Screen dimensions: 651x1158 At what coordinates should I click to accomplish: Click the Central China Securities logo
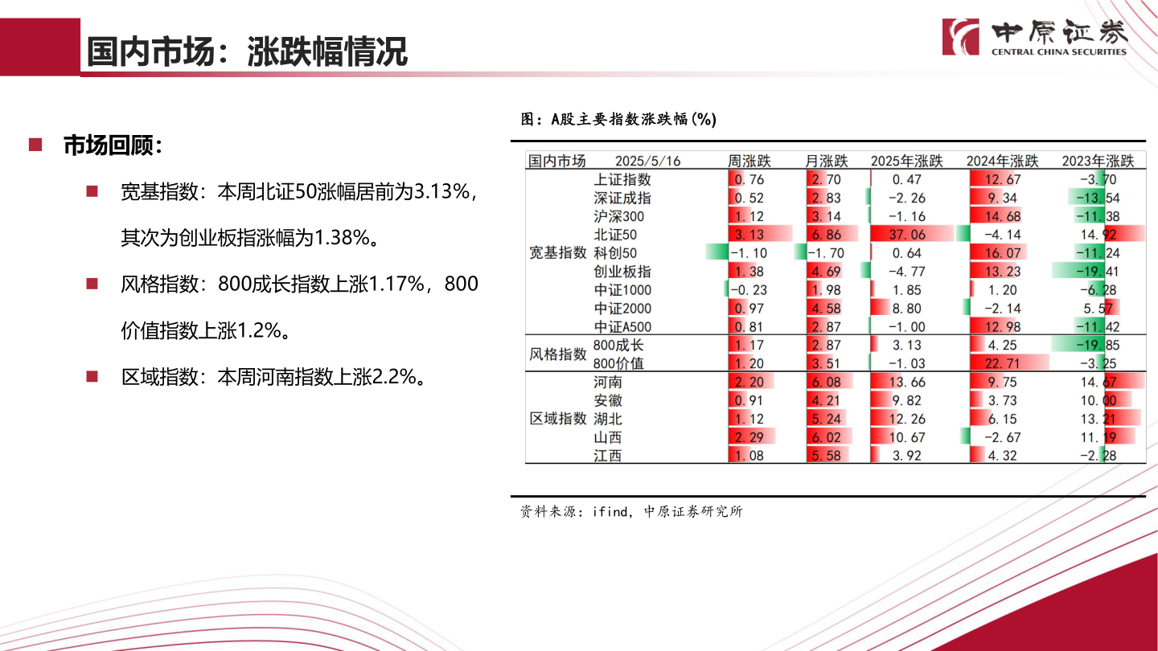pyautogui.click(x=1036, y=37)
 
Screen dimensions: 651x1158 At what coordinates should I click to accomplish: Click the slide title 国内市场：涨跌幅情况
pyautogui.click(x=247, y=52)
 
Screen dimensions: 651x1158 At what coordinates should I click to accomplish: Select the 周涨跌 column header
pyautogui.click(x=749, y=161)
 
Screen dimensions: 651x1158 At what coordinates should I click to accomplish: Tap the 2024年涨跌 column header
pyautogui.click(x=1002, y=161)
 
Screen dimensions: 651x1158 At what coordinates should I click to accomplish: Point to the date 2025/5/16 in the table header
pyautogui.click(x=647, y=161)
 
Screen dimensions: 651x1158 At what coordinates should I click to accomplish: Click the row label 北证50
pyautogui.click(x=615, y=235)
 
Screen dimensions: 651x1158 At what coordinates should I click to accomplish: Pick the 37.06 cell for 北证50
pyautogui.click(x=909, y=235)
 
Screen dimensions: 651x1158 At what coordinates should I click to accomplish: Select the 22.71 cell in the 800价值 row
pyautogui.click(x=1002, y=363)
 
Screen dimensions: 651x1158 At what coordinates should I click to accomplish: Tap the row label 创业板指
pyautogui.click(x=622, y=272)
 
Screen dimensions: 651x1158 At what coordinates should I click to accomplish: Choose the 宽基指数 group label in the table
pyautogui.click(x=557, y=253)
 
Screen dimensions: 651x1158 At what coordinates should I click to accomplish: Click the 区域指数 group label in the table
pyautogui.click(x=557, y=419)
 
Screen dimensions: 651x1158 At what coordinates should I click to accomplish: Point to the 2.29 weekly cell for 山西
pyautogui.click(x=749, y=437)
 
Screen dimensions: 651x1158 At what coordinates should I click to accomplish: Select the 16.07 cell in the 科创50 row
pyautogui.click(x=1002, y=253)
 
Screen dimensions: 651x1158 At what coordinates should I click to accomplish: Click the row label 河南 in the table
pyautogui.click(x=608, y=382)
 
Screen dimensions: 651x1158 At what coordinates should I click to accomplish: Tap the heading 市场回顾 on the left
pyautogui.click(x=112, y=145)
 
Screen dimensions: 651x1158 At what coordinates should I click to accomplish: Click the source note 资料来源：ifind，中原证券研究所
pyautogui.click(x=631, y=511)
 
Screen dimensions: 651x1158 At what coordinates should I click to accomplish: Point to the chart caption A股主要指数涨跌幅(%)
pyautogui.click(x=618, y=119)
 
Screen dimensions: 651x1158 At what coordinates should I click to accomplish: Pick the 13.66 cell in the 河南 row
pyautogui.click(x=909, y=382)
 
